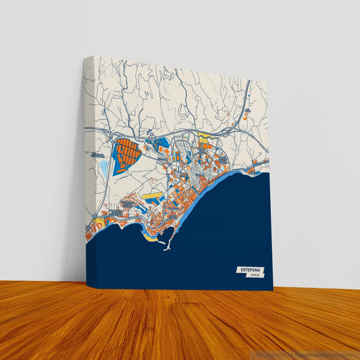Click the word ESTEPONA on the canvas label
pos(248,269)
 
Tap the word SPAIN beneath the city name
pos(255,276)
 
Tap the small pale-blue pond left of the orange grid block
pos(103,165)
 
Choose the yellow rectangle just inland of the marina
pos(152,198)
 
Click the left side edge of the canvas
pos(86,169)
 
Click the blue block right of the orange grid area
pos(161,143)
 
